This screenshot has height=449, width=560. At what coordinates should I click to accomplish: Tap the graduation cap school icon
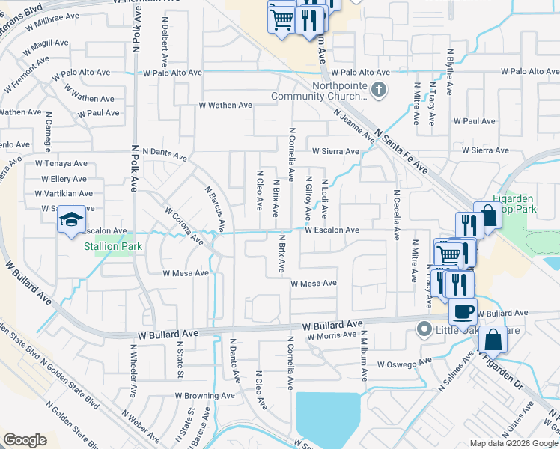click(x=71, y=219)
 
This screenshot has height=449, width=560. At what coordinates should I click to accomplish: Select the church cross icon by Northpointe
click(x=380, y=91)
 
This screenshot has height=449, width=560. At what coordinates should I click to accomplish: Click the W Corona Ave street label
click(x=184, y=227)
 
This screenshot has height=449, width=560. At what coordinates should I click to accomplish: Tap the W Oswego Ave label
click(x=405, y=364)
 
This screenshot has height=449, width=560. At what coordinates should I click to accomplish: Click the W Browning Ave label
click(x=205, y=394)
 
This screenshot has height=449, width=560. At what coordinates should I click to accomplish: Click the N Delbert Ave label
click(x=164, y=46)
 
